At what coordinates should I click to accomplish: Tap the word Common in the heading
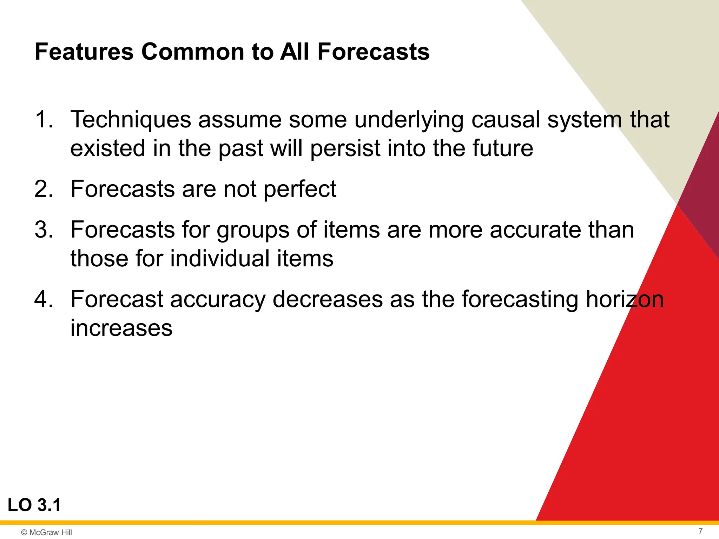point(192,52)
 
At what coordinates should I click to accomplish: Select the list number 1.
point(44,119)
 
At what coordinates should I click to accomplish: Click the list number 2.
point(44,189)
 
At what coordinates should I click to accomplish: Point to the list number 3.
point(44,230)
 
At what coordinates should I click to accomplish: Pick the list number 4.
point(44,299)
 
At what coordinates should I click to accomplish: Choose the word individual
point(220,259)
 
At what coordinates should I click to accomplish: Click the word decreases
point(328,299)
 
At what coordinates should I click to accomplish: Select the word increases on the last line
point(121,328)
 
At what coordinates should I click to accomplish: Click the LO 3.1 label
point(34,505)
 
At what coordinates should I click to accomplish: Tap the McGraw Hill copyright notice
point(46,532)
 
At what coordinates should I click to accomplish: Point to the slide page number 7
point(700,531)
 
